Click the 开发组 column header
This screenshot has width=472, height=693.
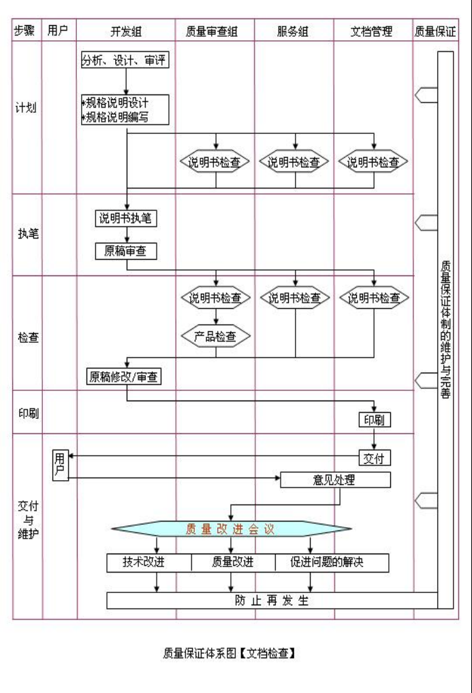click(126, 31)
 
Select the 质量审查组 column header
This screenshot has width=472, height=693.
click(215, 31)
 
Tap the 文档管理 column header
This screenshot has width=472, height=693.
click(373, 31)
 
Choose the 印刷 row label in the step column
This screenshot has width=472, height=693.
click(27, 411)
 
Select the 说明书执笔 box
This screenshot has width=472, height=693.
click(126, 218)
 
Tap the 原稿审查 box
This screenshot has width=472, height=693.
click(126, 251)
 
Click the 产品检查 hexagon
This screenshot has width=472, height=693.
click(215, 335)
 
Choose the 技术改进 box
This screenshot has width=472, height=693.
click(148, 562)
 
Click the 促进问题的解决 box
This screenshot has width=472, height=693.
click(332, 562)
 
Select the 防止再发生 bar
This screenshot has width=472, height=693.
click(272, 601)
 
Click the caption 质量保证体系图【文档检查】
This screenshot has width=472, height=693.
click(228, 654)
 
